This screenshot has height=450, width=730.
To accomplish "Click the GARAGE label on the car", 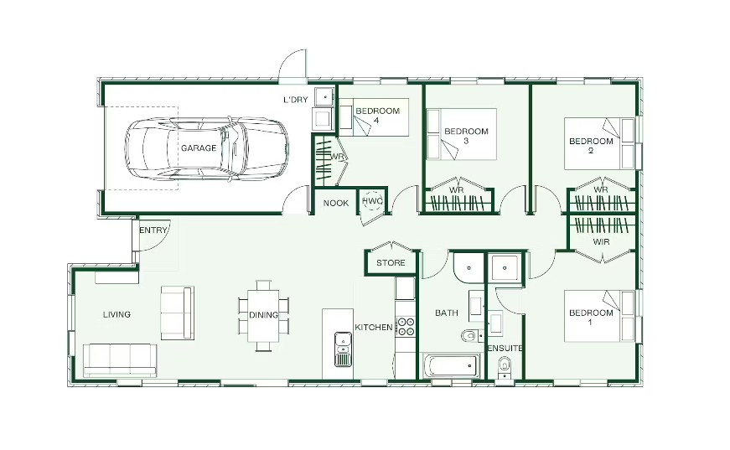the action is [199, 148].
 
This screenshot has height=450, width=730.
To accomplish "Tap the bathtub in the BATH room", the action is [452, 366].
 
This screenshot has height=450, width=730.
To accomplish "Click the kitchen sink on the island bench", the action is [343, 349].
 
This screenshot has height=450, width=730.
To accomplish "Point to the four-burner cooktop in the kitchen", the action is [405, 326].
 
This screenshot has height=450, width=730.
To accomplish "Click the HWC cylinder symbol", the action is [372, 201].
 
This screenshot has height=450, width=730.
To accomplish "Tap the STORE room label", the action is [391, 263].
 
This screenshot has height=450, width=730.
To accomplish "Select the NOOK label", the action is [336, 204].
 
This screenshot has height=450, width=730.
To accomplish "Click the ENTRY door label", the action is [153, 230].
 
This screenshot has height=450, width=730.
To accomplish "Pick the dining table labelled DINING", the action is [263, 315].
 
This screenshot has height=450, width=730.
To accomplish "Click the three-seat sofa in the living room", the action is [120, 360].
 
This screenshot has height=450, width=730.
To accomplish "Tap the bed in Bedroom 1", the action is [599, 316].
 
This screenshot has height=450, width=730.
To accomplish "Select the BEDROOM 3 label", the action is [466, 136].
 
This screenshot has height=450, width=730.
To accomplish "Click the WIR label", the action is [601, 242].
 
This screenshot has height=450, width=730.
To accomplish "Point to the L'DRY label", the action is [296, 100].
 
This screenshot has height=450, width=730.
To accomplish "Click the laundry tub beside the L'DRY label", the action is [324, 97].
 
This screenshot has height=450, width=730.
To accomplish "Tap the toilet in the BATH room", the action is [471, 335].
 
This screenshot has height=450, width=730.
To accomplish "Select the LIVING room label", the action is [116, 314].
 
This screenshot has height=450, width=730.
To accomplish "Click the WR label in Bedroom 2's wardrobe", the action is [601, 190].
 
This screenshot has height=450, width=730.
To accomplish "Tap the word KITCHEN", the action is [374, 328].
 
